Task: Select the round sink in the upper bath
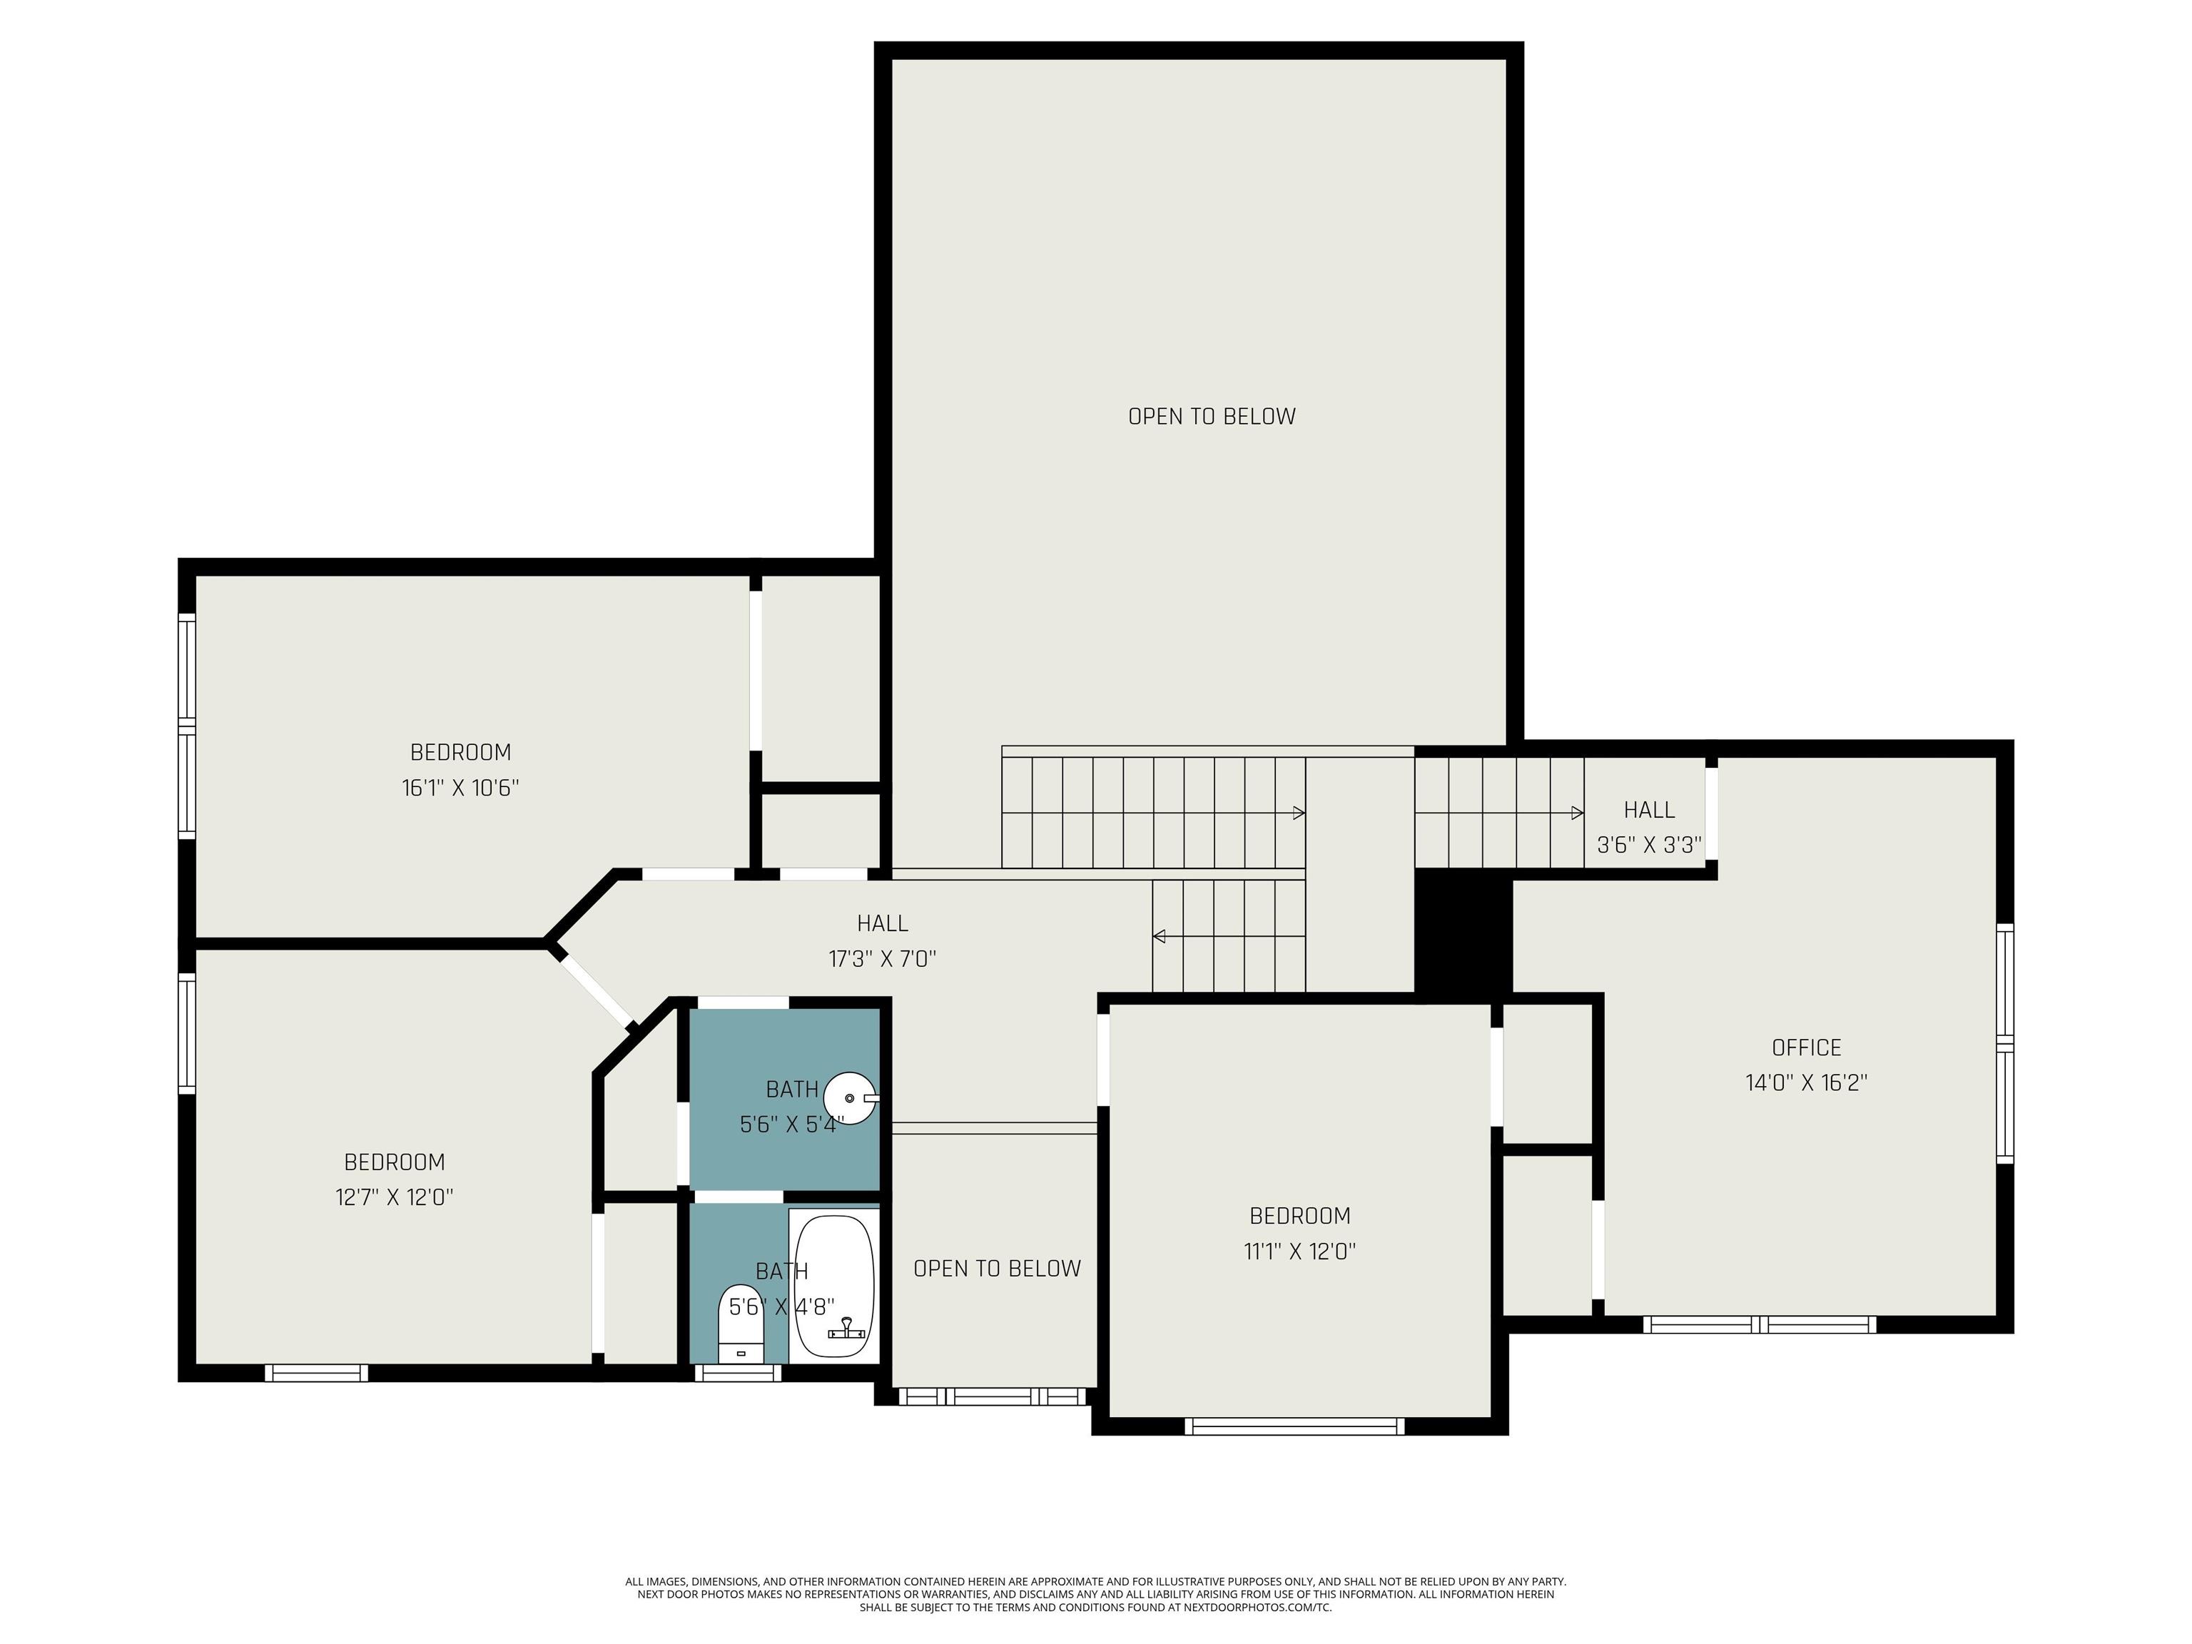(851, 1098)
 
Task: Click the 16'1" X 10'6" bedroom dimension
(461, 788)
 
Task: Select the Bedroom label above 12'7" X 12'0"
(395, 1162)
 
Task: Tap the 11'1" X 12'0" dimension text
(1300, 1251)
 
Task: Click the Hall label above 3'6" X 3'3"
(1649, 810)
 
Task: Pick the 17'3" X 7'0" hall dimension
(882, 958)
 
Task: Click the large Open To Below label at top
(1212, 416)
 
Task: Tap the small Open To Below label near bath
(997, 1269)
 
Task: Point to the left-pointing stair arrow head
(1158, 936)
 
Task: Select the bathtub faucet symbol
(847, 1329)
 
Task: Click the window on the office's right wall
(2005, 1042)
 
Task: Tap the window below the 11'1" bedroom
(1295, 1426)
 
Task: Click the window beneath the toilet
(737, 1372)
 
